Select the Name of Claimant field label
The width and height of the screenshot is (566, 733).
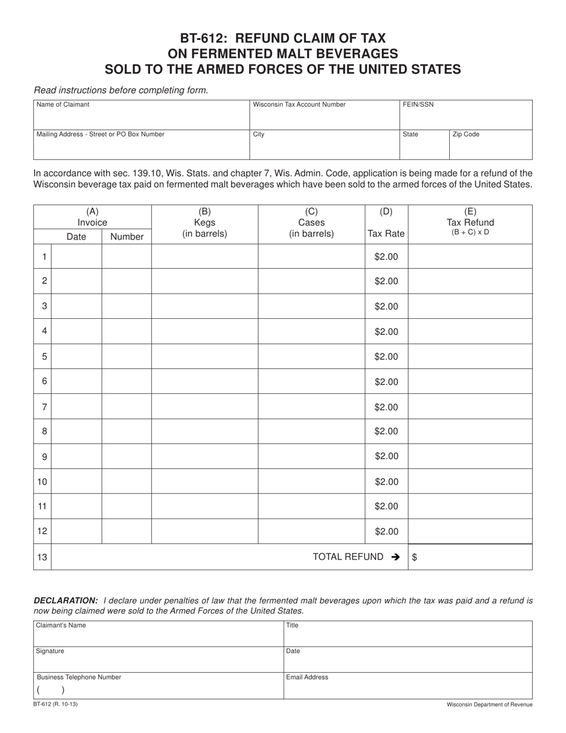tap(63, 105)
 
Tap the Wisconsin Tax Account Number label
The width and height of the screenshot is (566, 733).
tap(299, 105)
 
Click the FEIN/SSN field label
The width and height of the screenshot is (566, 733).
tap(418, 105)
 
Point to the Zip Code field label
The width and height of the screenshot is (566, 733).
tap(466, 135)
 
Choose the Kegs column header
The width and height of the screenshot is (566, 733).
tap(204, 222)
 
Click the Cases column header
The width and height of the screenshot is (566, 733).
tap(311, 222)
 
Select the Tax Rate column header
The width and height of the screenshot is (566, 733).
tap(386, 234)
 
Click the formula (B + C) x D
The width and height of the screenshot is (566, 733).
tap(470, 232)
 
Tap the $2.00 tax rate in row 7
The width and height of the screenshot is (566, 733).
tap(386, 407)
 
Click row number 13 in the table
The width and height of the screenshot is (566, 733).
tap(42, 557)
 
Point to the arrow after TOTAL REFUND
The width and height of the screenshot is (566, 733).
tap(395, 557)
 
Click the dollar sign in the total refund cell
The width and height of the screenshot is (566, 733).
tap(415, 558)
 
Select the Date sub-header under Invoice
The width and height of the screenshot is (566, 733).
tap(76, 237)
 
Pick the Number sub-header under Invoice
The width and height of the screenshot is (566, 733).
tap(127, 237)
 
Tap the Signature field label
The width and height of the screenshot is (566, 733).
tap(50, 651)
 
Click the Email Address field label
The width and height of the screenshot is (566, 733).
tap(307, 678)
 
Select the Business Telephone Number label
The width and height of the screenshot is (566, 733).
tap(79, 678)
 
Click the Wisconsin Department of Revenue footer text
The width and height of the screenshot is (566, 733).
tap(489, 704)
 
